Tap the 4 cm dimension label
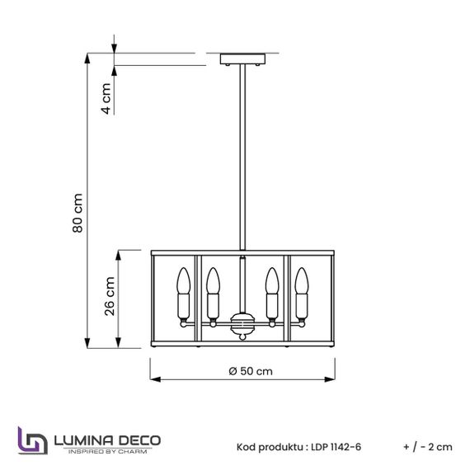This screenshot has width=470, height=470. (106, 98)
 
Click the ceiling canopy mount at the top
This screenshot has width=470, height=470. (243, 59)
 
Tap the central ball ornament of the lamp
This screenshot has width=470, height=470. (242, 325)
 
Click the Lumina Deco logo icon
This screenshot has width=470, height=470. (31, 440)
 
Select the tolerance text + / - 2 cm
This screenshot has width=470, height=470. (428, 446)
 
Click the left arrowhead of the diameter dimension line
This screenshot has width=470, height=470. (153, 380)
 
